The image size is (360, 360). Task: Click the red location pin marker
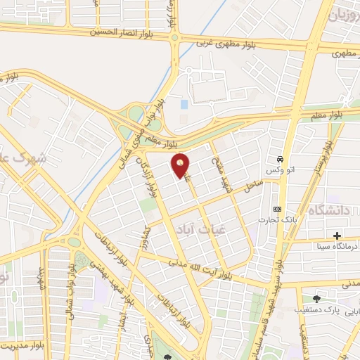181,166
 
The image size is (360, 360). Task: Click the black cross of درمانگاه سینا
337,235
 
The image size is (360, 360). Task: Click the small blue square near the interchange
184,103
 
